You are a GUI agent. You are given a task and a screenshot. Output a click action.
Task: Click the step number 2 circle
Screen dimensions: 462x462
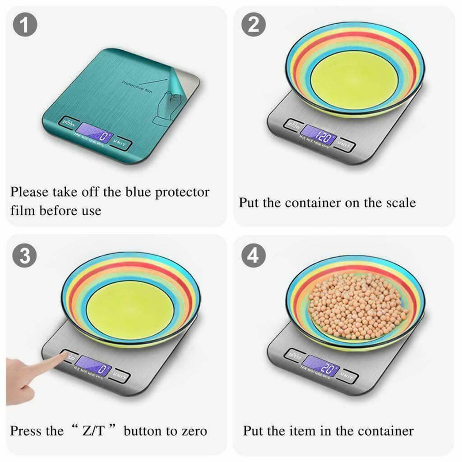(254, 25)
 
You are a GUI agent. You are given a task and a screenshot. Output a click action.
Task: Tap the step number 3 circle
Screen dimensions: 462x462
(26, 255)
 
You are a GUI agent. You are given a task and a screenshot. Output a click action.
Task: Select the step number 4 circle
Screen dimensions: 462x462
(254, 256)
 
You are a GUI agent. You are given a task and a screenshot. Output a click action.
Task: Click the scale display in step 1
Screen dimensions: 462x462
(95, 134)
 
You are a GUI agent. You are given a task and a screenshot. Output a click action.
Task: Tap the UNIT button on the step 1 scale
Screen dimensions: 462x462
(122, 144)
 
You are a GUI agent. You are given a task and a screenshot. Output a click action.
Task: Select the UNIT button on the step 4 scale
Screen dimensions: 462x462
(346, 374)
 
